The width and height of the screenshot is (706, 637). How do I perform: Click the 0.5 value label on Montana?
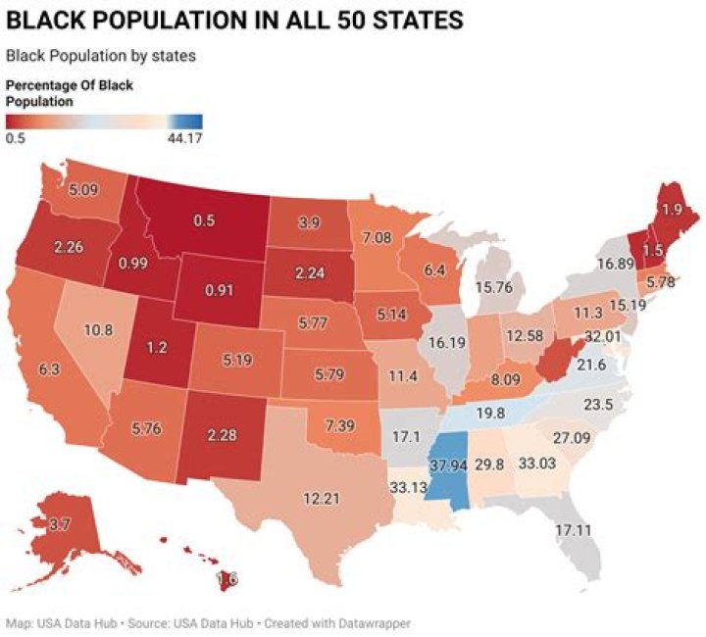pos(204,221)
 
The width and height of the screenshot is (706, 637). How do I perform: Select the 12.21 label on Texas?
pos(322,499)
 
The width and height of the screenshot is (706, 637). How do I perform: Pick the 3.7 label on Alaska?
pos(59,525)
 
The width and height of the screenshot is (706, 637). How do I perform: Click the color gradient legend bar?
pos(105,122)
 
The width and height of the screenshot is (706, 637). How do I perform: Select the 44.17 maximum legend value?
pos(183,138)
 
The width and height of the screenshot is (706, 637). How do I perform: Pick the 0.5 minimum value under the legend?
pos(16,138)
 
